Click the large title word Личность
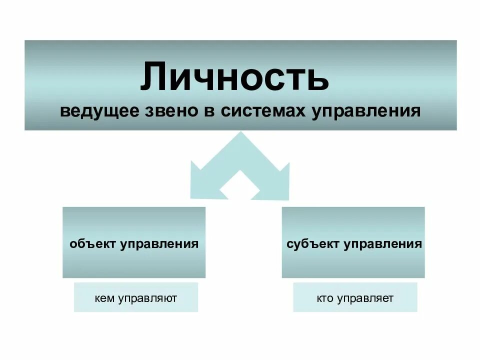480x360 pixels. coord(234,77)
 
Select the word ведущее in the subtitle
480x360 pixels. coord(99,111)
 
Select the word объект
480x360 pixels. coord(92,244)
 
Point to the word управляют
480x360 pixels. coord(148,299)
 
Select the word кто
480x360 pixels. coord(324,299)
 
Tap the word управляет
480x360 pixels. coord(365,299)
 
